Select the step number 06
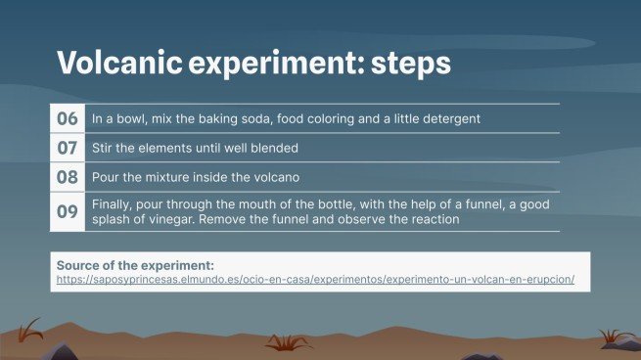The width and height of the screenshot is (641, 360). tap(68, 119)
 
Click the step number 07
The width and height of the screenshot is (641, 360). tap(68, 149)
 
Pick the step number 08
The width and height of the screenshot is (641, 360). tap(68, 178)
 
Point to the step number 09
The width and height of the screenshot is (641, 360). tap(68, 212)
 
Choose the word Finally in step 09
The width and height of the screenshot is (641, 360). tap(113, 203)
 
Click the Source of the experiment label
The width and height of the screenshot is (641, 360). tap(135, 265)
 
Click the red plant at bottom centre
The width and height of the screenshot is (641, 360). tap(289, 341)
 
